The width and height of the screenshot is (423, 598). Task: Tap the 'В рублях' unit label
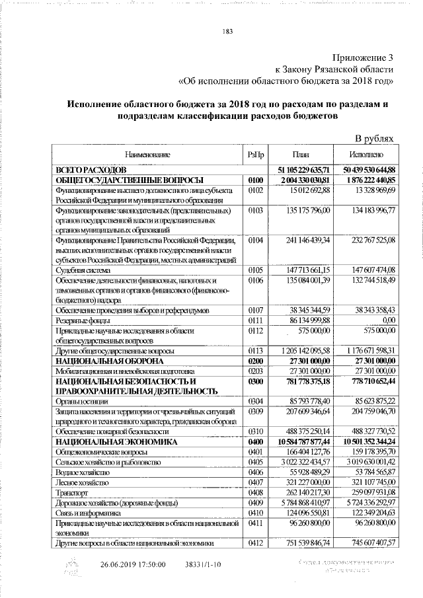375,139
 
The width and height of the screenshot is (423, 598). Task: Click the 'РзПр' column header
256,155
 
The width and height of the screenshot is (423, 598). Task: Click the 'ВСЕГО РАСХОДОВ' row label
86,170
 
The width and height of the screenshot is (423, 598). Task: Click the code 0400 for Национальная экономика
256,441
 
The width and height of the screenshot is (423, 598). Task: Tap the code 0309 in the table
256,411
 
